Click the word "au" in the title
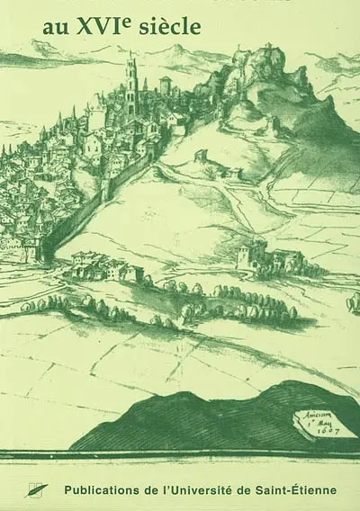(50, 31)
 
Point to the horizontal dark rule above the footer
(180, 465)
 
